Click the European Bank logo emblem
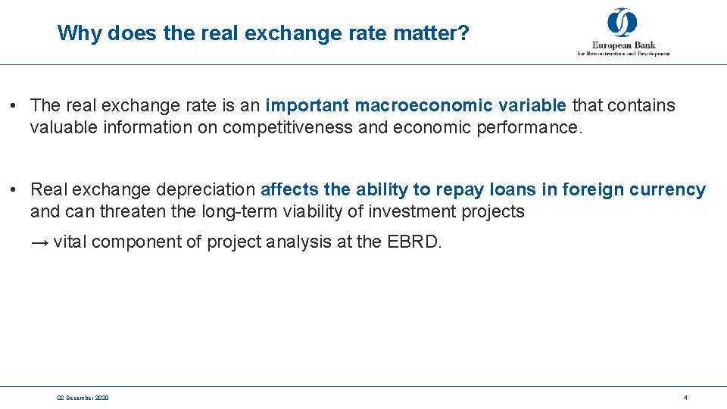[x=622, y=23]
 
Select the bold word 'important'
[x=307, y=105]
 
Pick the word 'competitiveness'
[x=288, y=127]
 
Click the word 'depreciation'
[x=206, y=189]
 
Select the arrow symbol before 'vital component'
[x=39, y=243]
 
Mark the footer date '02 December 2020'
[x=83, y=398]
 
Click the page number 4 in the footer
[x=685, y=398]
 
